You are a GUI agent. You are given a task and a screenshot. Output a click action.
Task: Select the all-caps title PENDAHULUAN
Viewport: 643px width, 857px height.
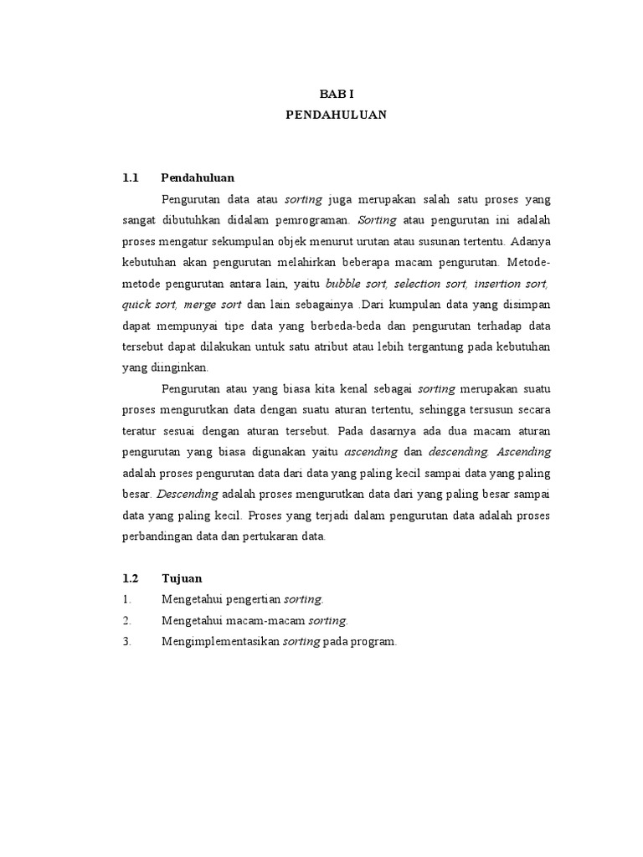tap(337, 115)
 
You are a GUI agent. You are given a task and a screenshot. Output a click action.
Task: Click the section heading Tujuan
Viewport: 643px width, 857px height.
tap(182, 578)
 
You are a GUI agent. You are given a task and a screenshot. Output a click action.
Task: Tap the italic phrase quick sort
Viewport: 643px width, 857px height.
tap(146, 305)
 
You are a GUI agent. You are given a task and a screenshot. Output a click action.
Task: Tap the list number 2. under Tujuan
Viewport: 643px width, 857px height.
tap(126, 621)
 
